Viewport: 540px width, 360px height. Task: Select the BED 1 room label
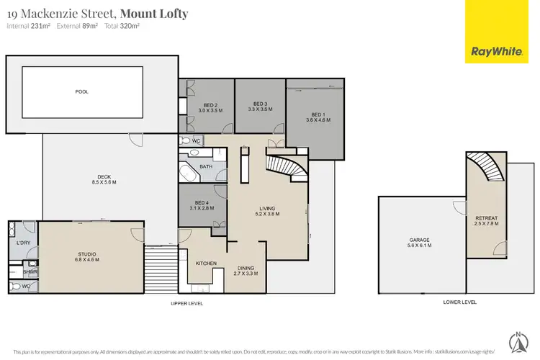[318, 114]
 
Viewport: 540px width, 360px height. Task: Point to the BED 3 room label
[259, 104]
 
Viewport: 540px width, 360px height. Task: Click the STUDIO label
[86, 253]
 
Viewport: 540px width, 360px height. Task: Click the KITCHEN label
[206, 264]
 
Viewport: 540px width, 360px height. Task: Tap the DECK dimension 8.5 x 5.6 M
[104, 183]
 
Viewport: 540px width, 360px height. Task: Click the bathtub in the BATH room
[189, 174]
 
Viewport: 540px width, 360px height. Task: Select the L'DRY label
[22, 243]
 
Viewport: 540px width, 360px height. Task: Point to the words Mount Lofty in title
[154, 13]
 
